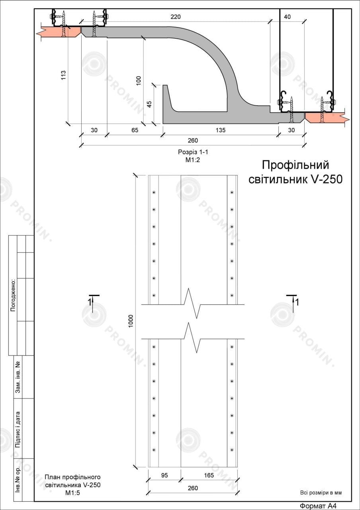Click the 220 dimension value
176,17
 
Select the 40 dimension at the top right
288,17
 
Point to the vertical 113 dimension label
63,75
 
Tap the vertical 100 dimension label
139,80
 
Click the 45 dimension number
149,104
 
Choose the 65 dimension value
135,130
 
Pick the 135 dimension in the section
221,130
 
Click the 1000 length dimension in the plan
131,321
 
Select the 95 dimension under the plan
164,475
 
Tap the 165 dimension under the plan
209,475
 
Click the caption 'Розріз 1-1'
193,152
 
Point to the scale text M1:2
192,160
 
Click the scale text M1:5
72,493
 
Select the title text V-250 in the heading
326,179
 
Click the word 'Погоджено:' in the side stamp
13,295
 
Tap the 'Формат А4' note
318,506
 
